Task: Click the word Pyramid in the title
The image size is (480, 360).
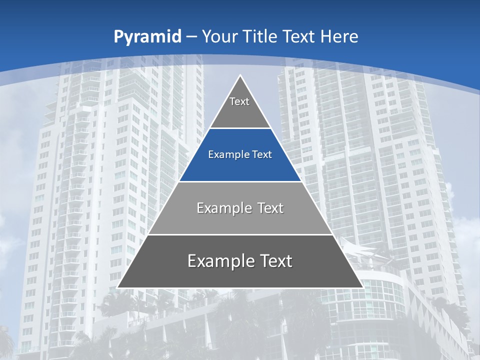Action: pos(147,37)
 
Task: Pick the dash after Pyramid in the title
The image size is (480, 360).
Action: pos(191,37)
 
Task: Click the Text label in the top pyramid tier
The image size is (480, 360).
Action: pos(239,101)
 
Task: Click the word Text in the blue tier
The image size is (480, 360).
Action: pos(262,155)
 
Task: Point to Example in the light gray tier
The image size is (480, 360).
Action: pos(219,208)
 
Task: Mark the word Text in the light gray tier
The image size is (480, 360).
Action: pos(270,208)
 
